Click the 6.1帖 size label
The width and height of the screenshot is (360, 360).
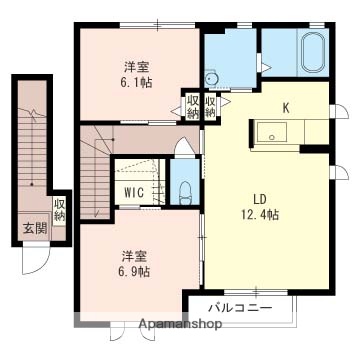[137, 87]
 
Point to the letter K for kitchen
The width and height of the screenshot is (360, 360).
[285, 108]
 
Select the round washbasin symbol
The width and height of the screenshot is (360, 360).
[211, 79]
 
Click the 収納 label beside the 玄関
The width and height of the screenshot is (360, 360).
[59, 210]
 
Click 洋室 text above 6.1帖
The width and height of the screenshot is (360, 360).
[137, 68]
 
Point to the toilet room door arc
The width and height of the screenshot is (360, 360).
[182, 148]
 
